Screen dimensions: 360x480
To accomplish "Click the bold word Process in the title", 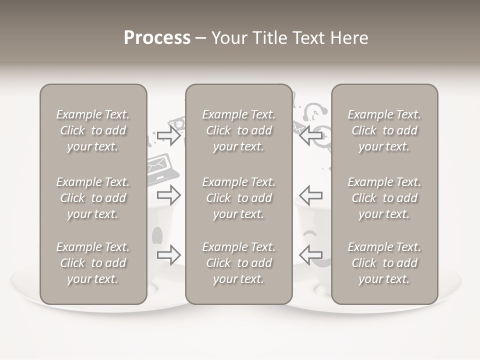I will pos(157,38).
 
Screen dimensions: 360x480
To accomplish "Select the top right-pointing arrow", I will pos(168,135).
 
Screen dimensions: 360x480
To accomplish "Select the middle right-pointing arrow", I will pos(168,195).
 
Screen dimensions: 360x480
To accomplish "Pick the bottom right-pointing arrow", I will pos(168,255).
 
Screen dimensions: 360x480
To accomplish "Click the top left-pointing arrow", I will pos(311,135).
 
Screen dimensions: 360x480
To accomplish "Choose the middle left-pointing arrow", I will pos(311,195).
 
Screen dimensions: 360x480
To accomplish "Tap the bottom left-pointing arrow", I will pos(311,255).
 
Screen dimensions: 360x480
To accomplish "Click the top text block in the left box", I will pos(93,130).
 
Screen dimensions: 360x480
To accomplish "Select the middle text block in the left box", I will pos(93,198).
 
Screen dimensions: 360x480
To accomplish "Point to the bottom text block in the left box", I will pos(93,263).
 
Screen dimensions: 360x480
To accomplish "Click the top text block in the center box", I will pos(239,130).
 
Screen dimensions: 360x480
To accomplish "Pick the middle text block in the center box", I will pos(239,198).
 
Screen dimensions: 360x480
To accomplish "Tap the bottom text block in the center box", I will pos(239,263).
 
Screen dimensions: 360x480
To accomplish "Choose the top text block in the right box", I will pos(384,130).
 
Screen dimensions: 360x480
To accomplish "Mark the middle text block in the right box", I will pos(384,198).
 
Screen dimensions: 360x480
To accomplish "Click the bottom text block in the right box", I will pos(384,263).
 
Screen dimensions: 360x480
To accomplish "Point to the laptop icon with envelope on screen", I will pos(162,169).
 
